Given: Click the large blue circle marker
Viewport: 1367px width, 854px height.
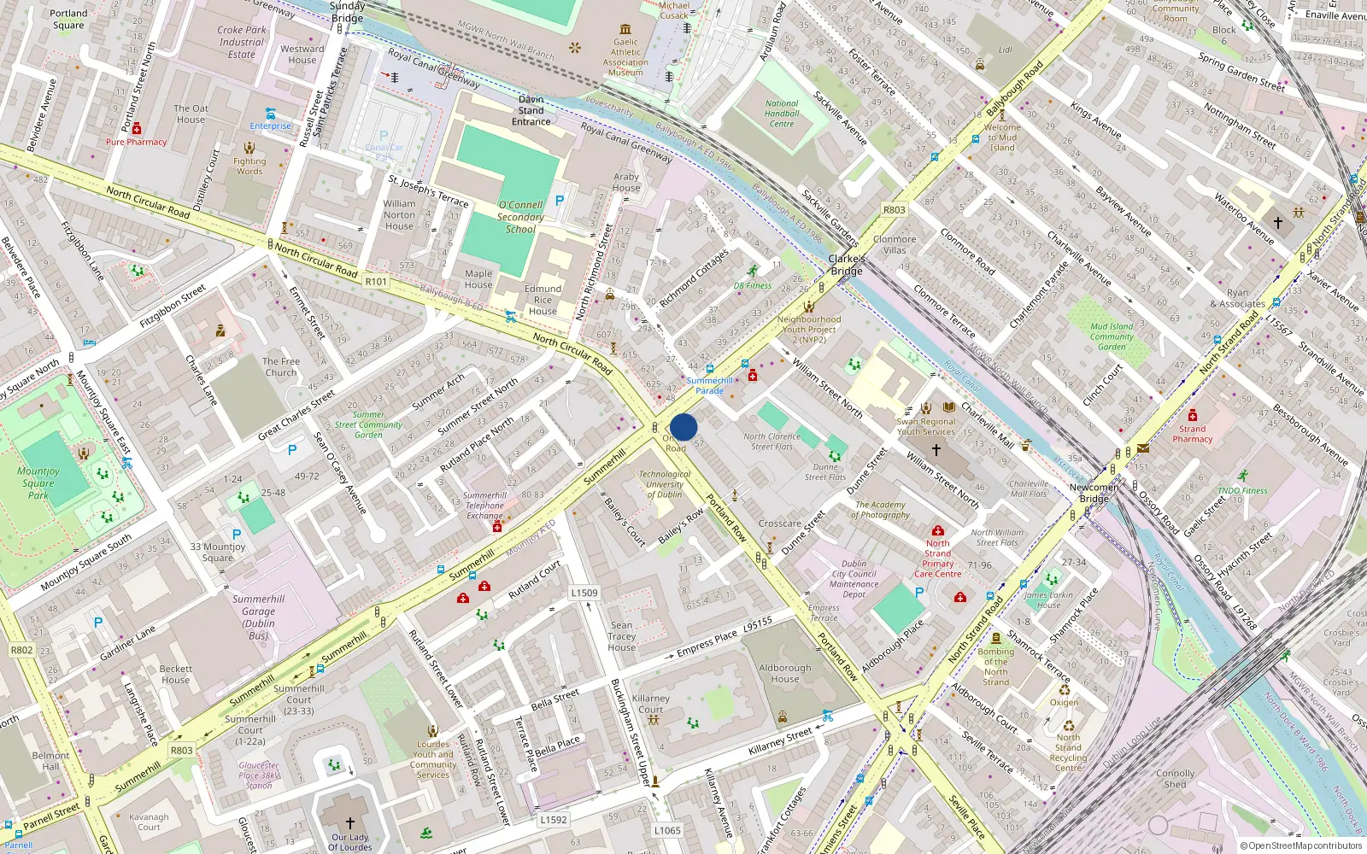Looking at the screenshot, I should click(x=683, y=427).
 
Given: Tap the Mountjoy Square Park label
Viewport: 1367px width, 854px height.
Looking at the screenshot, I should click(x=38, y=483).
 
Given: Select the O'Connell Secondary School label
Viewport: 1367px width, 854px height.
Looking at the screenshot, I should click(x=520, y=217).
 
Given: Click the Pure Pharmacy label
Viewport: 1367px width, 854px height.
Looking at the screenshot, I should click(x=136, y=142).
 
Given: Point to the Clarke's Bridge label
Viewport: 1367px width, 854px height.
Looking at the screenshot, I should click(x=846, y=265).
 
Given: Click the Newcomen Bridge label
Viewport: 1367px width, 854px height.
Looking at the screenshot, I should click(x=1094, y=493).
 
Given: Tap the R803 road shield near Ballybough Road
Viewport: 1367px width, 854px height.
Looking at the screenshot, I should click(x=894, y=209).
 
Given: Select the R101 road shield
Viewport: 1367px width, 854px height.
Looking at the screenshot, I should click(x=376, y=281).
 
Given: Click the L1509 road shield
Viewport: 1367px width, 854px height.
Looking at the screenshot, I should click(x=584, y=592).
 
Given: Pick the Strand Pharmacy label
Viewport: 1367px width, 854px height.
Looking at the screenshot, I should click(x=1193, y=434).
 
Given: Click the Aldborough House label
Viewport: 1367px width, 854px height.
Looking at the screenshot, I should click(x=785, y=673).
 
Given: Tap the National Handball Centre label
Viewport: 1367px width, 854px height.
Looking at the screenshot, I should click(x=782, y=114).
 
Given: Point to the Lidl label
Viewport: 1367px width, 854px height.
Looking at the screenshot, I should click(x=1006, y=50).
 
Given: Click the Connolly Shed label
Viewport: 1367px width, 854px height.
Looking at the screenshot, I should click(x=1175, y=778).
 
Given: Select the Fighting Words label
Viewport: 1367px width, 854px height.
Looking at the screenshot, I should click(x=249, y=166).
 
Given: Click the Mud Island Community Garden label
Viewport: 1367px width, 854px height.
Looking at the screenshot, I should click(x=1112, y=336).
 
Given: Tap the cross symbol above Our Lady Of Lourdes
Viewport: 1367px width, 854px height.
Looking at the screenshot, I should click(x=349, y=823).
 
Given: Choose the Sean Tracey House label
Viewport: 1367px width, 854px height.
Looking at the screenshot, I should click(x=622, y=636).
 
